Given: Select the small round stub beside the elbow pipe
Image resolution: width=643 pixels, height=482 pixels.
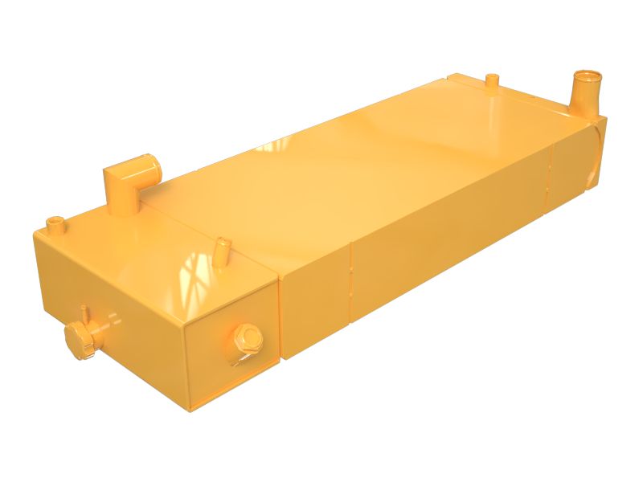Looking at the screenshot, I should point(55,222).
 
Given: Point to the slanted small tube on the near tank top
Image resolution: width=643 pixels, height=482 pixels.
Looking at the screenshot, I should point(223,245).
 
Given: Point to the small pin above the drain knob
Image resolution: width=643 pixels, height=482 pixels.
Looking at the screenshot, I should point(83,310).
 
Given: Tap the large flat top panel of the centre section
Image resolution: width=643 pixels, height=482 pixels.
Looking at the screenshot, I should point(386,161).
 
